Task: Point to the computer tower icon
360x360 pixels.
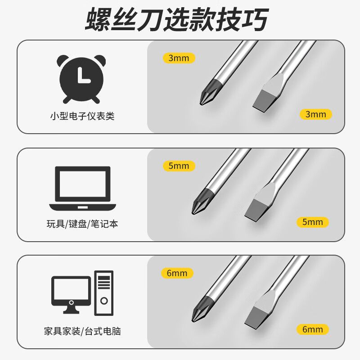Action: pos(103,293)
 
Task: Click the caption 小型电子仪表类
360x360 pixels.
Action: pos(82,116)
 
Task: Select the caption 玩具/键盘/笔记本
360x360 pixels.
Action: pos(82,224)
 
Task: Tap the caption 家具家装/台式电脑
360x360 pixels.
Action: pos(82,332)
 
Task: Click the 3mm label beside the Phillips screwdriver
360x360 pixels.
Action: pos(179,58)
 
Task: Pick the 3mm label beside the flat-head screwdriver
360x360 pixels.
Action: pos(315,114)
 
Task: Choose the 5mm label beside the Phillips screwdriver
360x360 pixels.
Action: pos(179,166)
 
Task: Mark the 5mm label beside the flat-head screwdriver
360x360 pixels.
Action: pos(313,222)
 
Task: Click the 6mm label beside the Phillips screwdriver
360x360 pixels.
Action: pos(177,273)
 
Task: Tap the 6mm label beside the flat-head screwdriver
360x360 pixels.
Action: pos(313,329)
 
